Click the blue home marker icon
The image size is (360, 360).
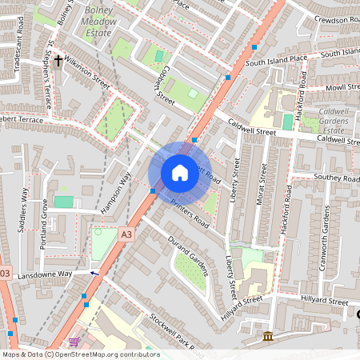tap(180, 173)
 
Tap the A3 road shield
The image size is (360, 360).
tap(126, 234)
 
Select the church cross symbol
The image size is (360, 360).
tap(58, 82)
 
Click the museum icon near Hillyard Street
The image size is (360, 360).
tap(267, 336)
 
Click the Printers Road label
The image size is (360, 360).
tap(190, 212)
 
